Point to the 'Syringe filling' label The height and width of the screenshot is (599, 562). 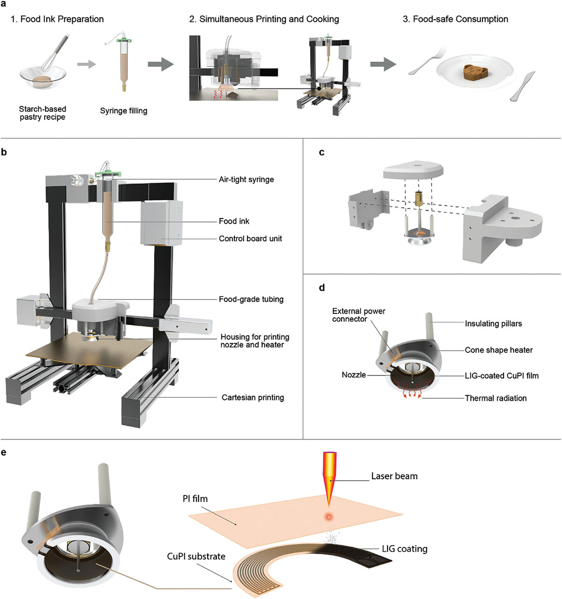124,111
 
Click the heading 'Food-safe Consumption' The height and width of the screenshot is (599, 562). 455,19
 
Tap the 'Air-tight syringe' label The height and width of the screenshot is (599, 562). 246,179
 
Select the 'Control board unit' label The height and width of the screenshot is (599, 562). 251,239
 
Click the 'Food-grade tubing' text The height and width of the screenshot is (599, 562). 251,299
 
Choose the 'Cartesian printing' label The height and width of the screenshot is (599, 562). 253,397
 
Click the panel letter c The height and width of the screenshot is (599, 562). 321,153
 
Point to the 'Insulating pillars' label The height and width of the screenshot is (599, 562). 493,323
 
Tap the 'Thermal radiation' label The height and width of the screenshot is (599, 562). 495,398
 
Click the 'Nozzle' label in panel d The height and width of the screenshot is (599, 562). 354,375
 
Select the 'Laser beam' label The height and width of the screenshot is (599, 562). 394,476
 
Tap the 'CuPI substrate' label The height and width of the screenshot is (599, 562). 196,556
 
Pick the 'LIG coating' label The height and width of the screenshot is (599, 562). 405,548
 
